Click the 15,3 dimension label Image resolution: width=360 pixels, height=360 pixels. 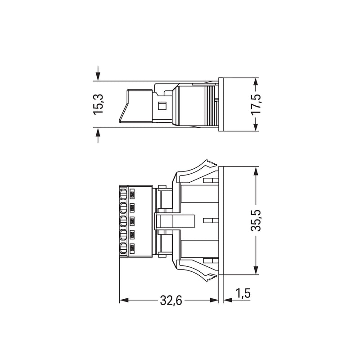point(98,104)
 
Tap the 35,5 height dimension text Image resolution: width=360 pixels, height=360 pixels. point(256,220)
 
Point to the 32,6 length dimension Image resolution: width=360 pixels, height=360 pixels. point(171,300)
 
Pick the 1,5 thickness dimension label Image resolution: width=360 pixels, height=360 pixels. point(243,293)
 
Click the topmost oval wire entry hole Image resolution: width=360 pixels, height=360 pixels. point(123,194)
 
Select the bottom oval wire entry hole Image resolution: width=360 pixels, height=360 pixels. point(123,248)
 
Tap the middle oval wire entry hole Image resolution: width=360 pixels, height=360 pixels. point(123,221)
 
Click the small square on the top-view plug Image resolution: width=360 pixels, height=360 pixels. point(162,106)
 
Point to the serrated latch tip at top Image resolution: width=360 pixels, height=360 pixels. point(211,162)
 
